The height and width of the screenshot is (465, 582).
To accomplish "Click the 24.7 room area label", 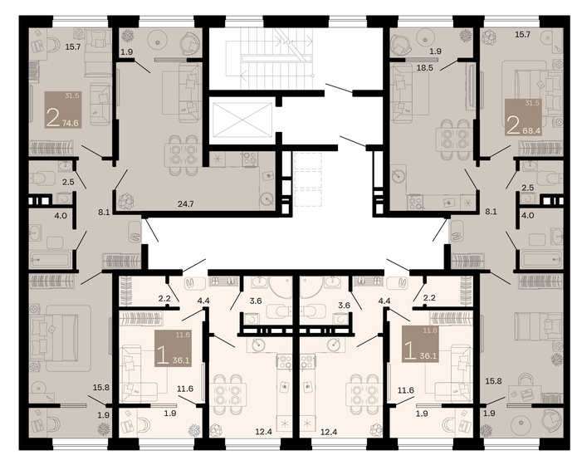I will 185,202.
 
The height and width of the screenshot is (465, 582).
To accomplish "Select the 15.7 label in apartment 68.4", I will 522,35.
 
